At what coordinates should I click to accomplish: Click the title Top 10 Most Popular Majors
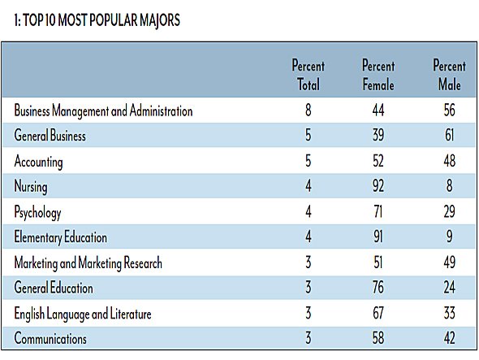coord(97,20)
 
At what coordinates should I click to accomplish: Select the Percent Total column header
coord(309,75)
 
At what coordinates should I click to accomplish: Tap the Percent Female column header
coord(378,75)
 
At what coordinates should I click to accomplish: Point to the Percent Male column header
coord(450,75)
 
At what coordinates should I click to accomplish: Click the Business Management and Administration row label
coord(103,111)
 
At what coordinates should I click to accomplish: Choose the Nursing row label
coord(31,187)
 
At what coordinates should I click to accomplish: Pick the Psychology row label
coord(37,212)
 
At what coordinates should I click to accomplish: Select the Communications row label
coord(50,338)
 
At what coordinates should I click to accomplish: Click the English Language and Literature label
coord(83,314)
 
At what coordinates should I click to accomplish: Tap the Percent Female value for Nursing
coord(378,186)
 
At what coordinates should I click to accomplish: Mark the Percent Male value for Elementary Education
coord(450,236)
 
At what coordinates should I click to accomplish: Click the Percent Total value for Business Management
coord(309,110)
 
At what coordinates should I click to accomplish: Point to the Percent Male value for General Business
coord(450,135)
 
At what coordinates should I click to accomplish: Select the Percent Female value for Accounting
coord(378,161)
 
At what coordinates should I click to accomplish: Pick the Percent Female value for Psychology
coord(378,211)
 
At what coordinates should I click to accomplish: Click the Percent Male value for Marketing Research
coord(450,262)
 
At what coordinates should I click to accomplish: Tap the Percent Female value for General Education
coord(378,287)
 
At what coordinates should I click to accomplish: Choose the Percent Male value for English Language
coord(450,313)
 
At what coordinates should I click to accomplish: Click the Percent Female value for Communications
coord(378,338)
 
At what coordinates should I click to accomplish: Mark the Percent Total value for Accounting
coord(309,161)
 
